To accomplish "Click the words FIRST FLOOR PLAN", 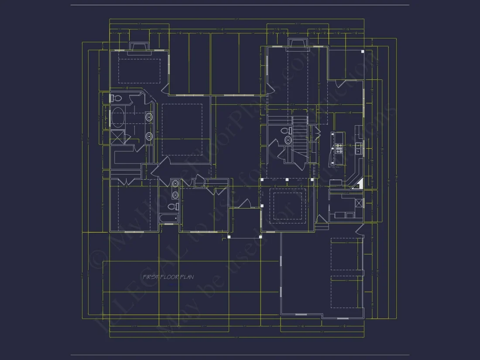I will point(168,277).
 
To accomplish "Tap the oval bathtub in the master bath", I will point(118,117).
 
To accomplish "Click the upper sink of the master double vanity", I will point(149,117).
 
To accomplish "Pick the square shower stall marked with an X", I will point(117,137).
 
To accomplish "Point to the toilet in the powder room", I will point(285,130).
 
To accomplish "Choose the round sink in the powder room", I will point(288,140).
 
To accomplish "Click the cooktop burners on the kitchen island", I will point(338,148).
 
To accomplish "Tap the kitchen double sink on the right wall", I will point(358,148).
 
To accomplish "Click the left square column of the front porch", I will point(229,237).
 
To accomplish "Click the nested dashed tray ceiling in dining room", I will point(287,204).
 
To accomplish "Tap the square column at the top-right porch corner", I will point(363,51).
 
